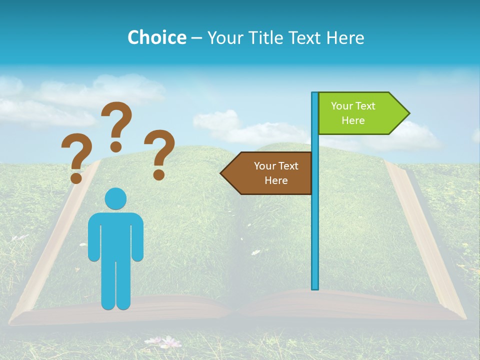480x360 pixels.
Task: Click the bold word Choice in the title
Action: tap(156, 37)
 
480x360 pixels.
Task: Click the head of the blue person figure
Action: tap(115, 198)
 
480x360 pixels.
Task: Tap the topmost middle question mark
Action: tap(116, 125)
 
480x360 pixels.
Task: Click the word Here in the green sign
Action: tap(353, 120)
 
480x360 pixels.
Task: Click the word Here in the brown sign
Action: tap(276, 180)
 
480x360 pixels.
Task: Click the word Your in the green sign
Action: tap(342, 106)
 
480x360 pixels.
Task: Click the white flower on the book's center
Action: tap(256, 252)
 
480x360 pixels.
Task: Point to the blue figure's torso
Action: tap(115, 235)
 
